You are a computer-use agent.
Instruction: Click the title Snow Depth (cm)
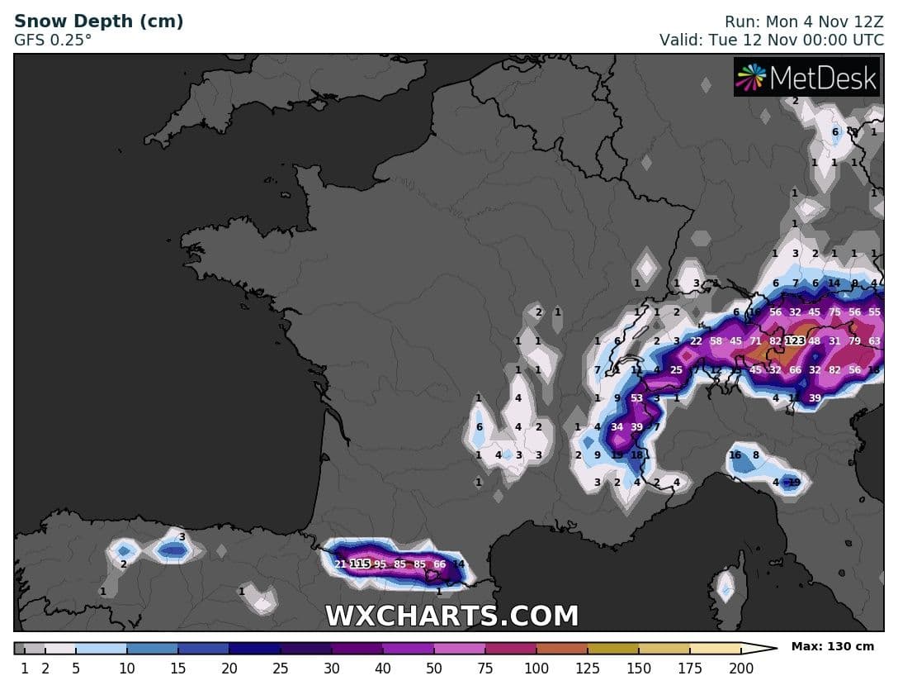point(99,21)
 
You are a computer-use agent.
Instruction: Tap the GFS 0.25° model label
point(53,39)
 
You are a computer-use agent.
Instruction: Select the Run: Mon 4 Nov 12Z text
point(804,21)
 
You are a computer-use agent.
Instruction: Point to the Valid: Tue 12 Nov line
point(771,39)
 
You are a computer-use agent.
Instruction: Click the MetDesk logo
point(807,78)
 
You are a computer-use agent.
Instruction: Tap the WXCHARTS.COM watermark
point(451,616)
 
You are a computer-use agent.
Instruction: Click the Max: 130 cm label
point(833,646)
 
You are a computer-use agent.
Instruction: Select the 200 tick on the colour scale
point(741,669)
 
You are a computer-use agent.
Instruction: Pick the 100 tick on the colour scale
point(536,669)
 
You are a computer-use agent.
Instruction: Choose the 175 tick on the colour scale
point(689,669)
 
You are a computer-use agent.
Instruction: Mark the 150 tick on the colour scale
point(638,669)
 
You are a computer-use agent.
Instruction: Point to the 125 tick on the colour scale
point(587,669)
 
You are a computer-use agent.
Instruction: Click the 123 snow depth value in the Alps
point(795,340)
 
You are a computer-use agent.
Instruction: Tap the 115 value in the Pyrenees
point(360,564)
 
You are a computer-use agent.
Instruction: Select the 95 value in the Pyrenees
point(380,564)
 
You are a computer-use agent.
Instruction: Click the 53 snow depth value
point(636,398)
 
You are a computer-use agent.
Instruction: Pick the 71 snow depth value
point(755,340)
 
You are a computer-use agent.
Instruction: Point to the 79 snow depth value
point(854,340)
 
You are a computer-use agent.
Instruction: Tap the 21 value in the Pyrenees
point(340,564)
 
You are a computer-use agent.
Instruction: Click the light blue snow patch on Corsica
point(725,588)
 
